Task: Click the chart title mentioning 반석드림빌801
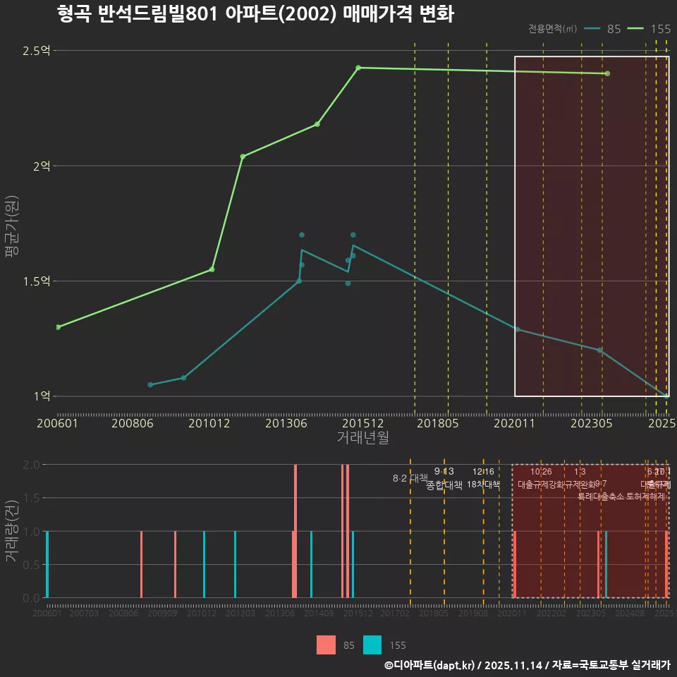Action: click(256, 14)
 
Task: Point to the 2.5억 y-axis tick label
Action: click(36, 51)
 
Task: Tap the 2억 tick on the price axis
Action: click(41, 166)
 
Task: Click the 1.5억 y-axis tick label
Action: click(36, 281)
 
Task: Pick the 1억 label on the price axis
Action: click(41, 396)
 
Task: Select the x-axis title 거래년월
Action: click(362, 437)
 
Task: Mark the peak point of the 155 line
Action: click(358, 68)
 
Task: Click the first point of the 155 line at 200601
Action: click(58, 327)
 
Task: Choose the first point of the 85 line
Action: click(150, 384)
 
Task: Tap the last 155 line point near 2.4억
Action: click(607, 73)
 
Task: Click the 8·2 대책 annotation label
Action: click(410, 478)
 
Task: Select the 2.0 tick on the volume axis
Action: click(32, 465)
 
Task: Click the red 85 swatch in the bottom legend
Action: click(326, 645)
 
